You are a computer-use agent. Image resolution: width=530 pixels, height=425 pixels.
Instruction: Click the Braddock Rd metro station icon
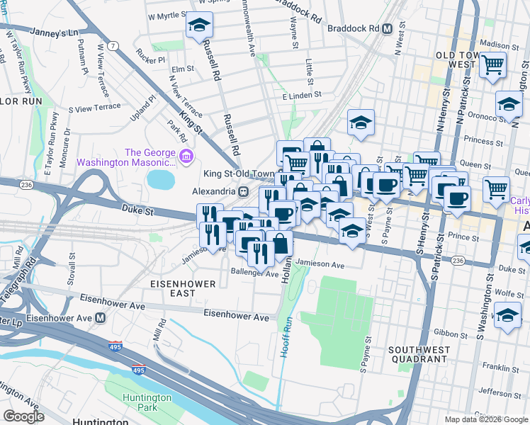[387, 29]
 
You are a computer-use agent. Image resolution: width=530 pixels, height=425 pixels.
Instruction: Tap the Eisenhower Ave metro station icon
[101, 317]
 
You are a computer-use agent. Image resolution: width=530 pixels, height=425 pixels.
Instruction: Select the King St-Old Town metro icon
[243, 191]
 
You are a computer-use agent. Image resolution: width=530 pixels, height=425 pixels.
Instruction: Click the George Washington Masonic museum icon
[186, 156]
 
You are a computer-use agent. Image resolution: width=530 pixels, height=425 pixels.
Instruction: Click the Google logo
[23, 416]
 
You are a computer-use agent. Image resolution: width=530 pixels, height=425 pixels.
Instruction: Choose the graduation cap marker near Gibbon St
[507, 315]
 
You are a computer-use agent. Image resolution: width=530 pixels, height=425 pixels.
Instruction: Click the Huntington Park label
[147, 402]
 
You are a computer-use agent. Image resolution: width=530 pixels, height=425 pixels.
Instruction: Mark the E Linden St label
[301, 94]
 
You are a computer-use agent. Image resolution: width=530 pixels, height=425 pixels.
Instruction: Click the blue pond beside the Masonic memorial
[161, 180]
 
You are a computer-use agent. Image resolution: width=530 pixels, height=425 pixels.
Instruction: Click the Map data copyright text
[485, 419]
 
